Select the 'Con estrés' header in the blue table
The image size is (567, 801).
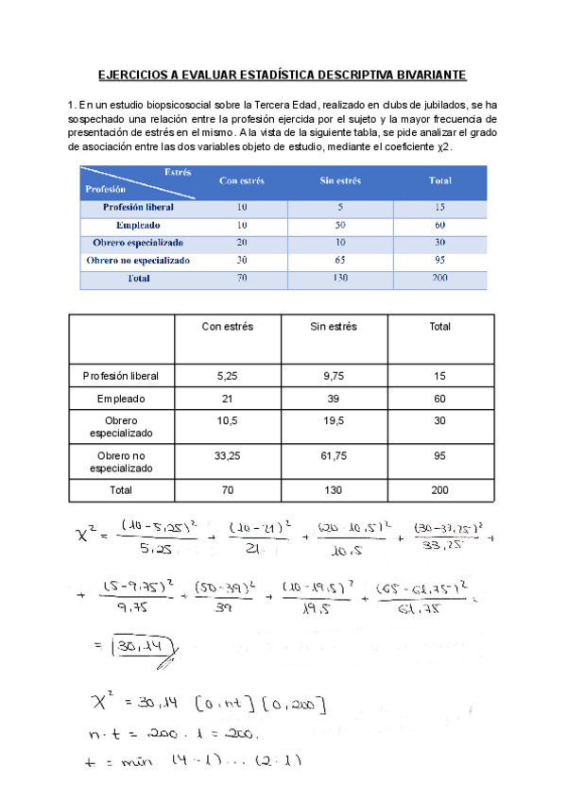pyautogui.click(x=241, y=180)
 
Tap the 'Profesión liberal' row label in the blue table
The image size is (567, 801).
pyautogui.click(x=138, y=207)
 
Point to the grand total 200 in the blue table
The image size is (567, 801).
pyautogui.click(x=439, y=279)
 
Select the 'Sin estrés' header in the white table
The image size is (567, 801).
pyautogui.click(x=334, y=327)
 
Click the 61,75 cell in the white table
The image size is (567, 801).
pyautogui.click(x=334, y=455)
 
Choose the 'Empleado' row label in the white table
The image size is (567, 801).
pyautogui.click(x=121, y=400)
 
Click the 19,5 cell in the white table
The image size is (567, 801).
pyautogui.click(x=334, y=420)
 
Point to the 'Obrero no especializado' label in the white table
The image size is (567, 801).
pyautogui.click(x=121, y=462)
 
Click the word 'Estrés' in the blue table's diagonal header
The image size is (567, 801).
pyautogui.click(x=177, y=173)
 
